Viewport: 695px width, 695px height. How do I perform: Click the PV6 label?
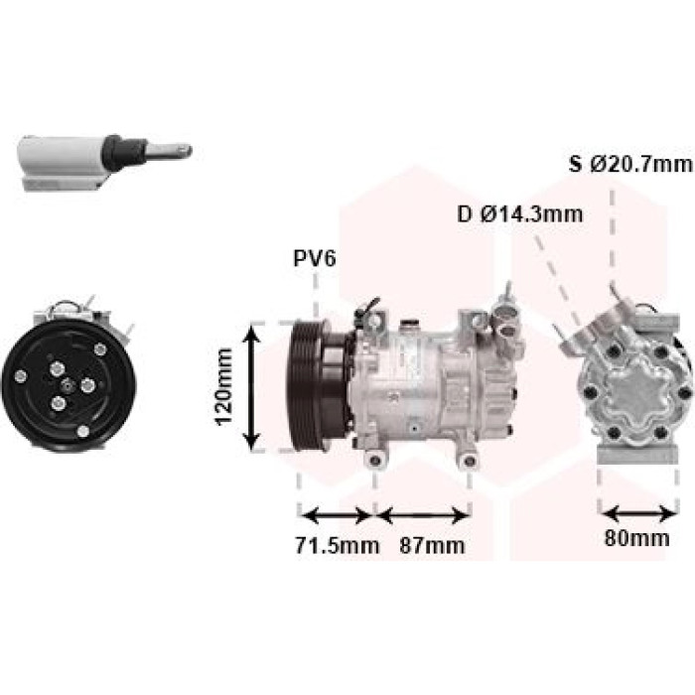[315, 258]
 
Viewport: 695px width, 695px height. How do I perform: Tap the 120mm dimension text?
[224, 387]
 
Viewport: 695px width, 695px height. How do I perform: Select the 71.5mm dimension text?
[338, 545]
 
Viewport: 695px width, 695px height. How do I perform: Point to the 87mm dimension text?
[432, 545]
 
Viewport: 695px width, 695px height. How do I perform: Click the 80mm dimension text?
[637, 538]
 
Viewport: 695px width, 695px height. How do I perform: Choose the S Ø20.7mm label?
[630, 165]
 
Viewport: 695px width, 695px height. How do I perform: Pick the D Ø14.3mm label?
[520, 214]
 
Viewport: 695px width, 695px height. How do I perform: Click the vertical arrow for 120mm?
[252, 387]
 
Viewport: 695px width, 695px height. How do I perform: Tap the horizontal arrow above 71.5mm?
[337, 515]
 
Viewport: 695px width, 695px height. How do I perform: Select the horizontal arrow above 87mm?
[424, 516]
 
